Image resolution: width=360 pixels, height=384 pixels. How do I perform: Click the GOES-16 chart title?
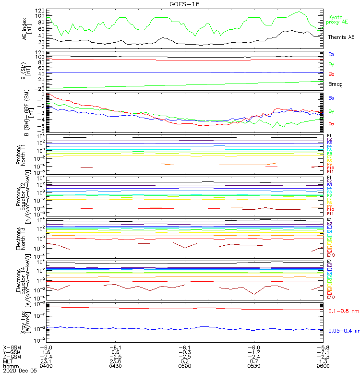pyautogui.click(x=185, y=4)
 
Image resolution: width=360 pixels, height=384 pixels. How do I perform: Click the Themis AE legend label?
pyautogui.click(x=341, y=37)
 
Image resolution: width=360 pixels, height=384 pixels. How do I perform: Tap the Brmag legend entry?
pyautogui.click(x=335, y=84)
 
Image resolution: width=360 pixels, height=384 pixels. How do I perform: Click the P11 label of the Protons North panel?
pyautogui.click(x=330, y=171)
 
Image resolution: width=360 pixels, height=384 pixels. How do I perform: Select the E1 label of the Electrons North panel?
pyautogui.click(x=330, y=220)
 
